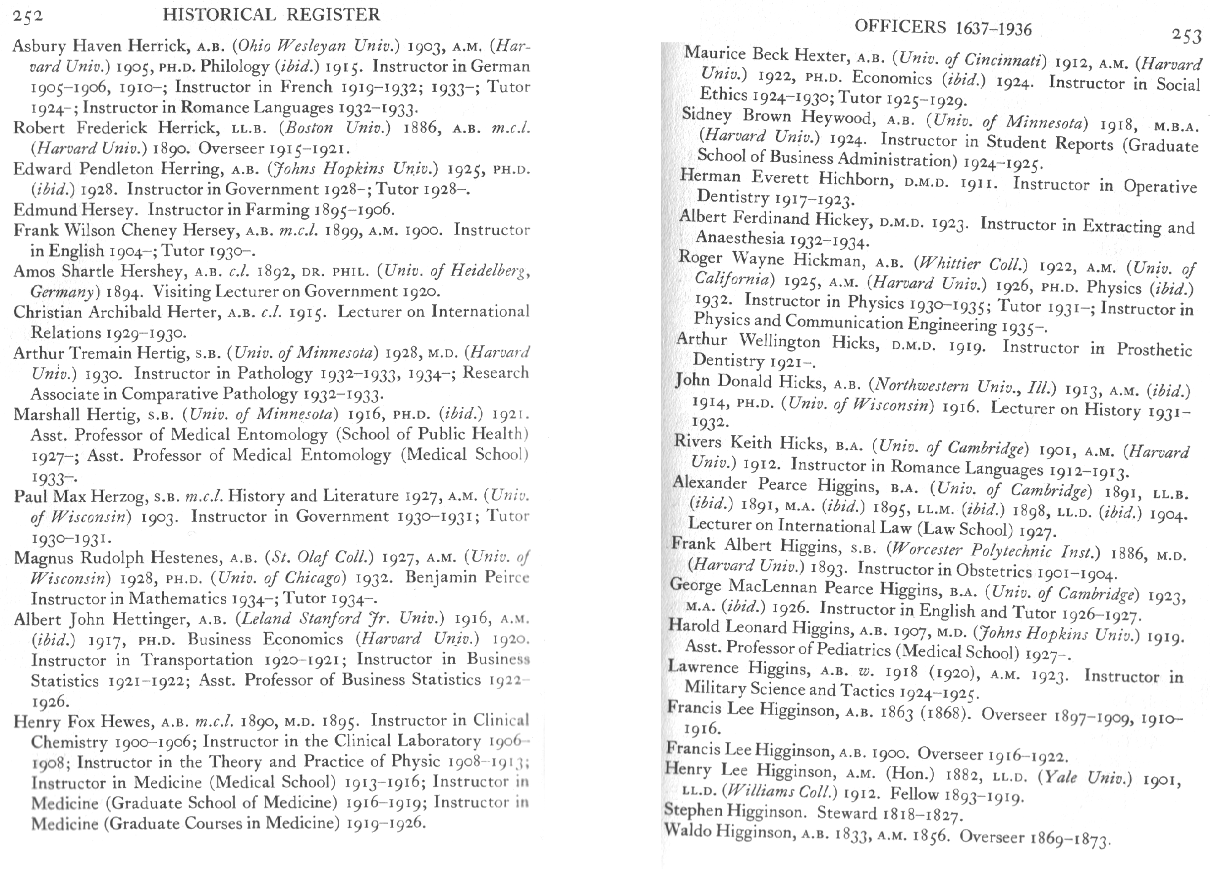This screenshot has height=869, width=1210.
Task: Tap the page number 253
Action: [1186, 36]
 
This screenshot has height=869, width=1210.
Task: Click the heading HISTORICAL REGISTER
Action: [271, 15]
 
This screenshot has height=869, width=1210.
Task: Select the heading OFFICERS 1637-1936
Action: [943, 27]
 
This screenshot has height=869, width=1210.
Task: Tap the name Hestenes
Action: [187, 558]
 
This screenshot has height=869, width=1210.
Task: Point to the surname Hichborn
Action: [855, 180]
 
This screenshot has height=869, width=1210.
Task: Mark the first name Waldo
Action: [688, 832]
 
